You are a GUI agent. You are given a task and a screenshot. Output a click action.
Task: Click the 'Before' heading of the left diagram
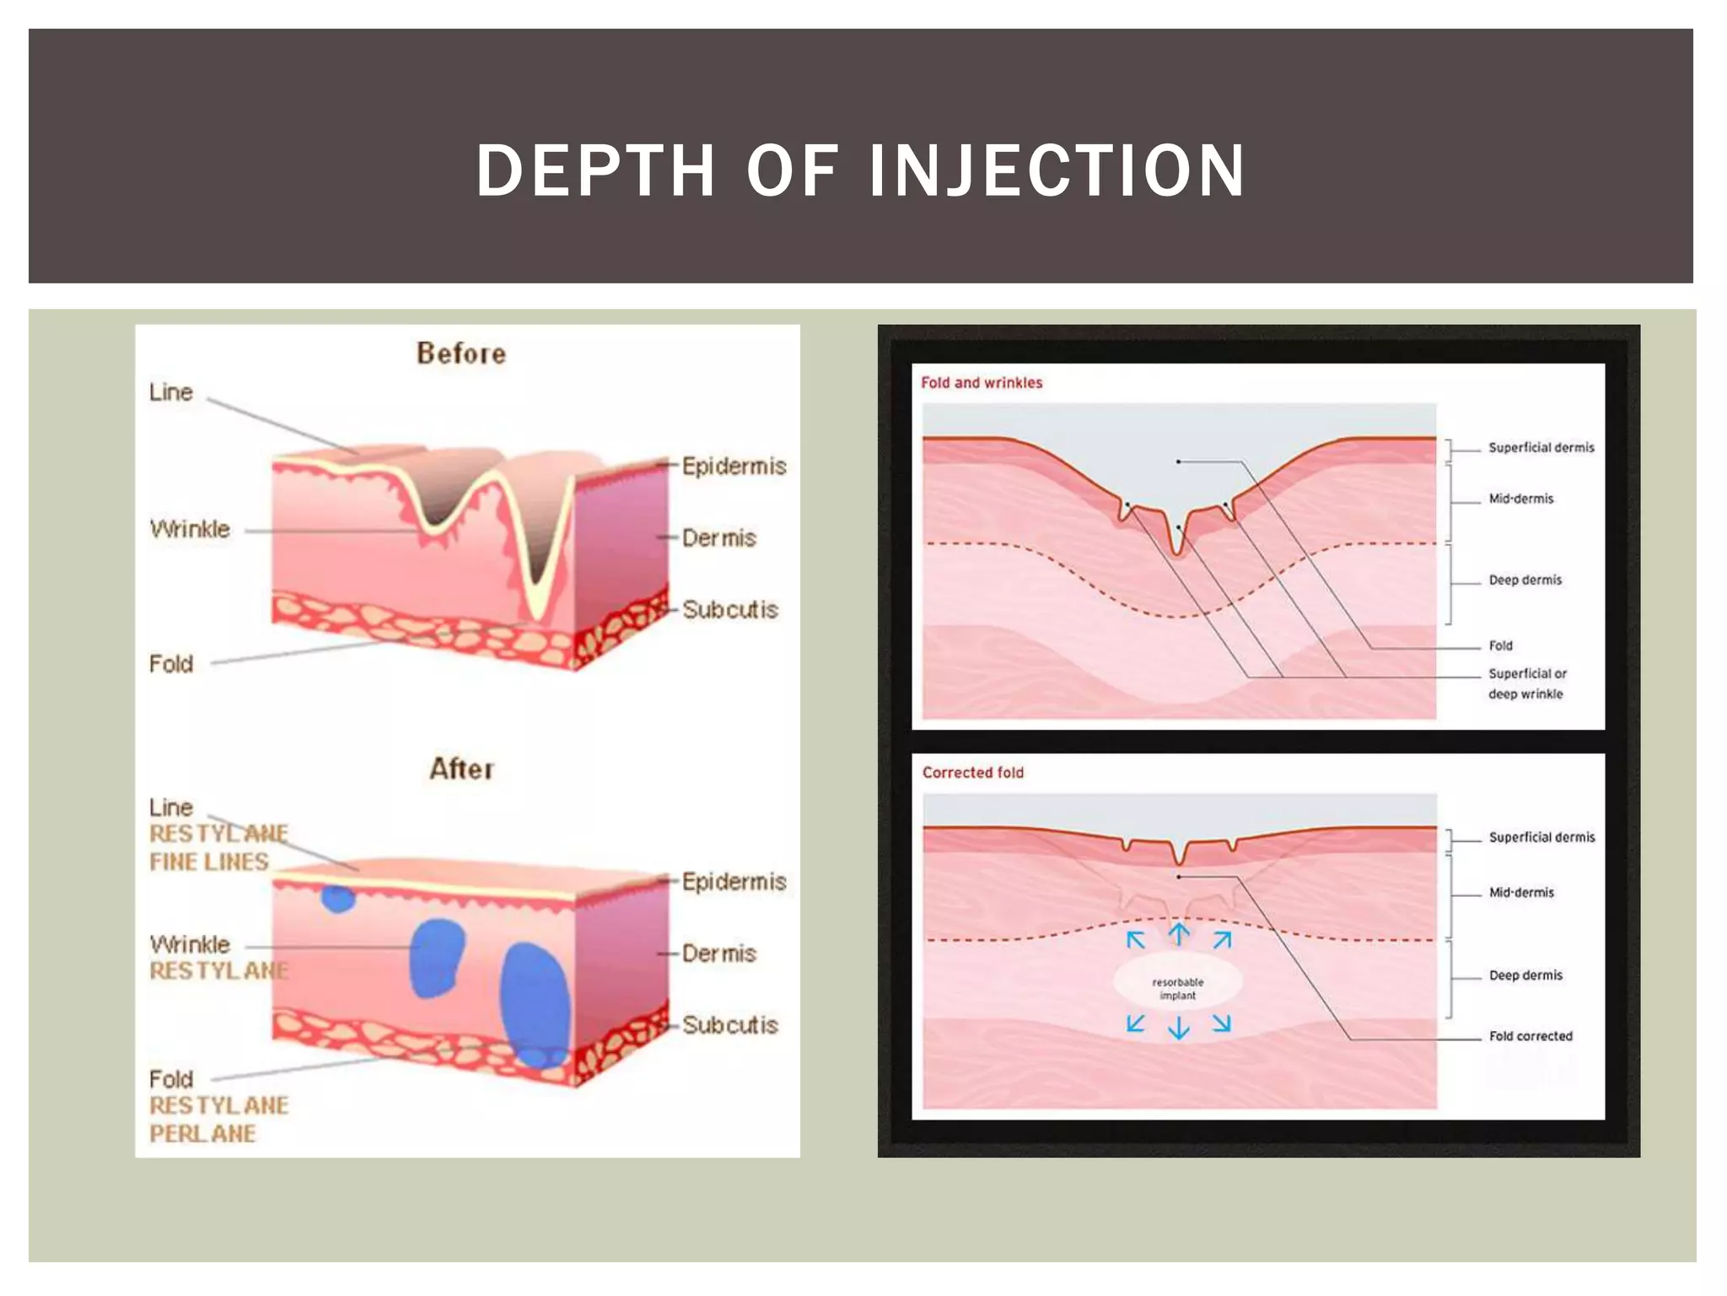(x=461, y=354)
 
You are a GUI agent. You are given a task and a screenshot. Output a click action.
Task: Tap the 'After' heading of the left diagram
(x=461, y=769)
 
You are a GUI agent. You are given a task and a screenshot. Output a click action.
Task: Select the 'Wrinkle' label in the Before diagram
(x=190, y=529)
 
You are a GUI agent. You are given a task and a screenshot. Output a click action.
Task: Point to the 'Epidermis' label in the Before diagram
(x=734, y=466)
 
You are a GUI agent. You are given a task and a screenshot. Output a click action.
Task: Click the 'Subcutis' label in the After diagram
(x=730, y=1025)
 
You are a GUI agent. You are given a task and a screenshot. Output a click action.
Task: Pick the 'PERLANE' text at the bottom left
(x=202, y=1133)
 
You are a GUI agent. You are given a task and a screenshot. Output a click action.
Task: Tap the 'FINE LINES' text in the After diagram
(x=209, y=861)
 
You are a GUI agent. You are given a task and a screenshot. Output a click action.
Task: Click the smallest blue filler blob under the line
(x=338, y=899)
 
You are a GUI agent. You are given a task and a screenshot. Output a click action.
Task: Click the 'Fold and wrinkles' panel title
(x=982, y=383)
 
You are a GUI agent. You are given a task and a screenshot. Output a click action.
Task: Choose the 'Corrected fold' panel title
(x=972, y=773)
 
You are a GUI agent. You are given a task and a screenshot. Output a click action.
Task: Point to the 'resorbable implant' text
(x=1178, y=989)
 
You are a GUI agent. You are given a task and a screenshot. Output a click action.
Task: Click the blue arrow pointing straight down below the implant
(x=1179, y=1028)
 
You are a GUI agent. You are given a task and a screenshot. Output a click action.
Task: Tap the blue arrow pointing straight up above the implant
(x=1179, y=933)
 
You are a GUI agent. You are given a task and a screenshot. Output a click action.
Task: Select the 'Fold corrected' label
(x=1531, y=1036)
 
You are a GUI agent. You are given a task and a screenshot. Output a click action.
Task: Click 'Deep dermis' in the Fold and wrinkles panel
(x=1525, y=580)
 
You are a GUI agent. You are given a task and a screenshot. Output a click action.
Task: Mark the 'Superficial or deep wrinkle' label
(x=1527, y=683)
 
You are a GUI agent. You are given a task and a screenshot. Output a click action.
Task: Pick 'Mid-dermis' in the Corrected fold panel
(x=1521, y=893)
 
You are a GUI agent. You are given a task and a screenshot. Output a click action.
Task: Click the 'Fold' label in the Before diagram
(x=171, y=664)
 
